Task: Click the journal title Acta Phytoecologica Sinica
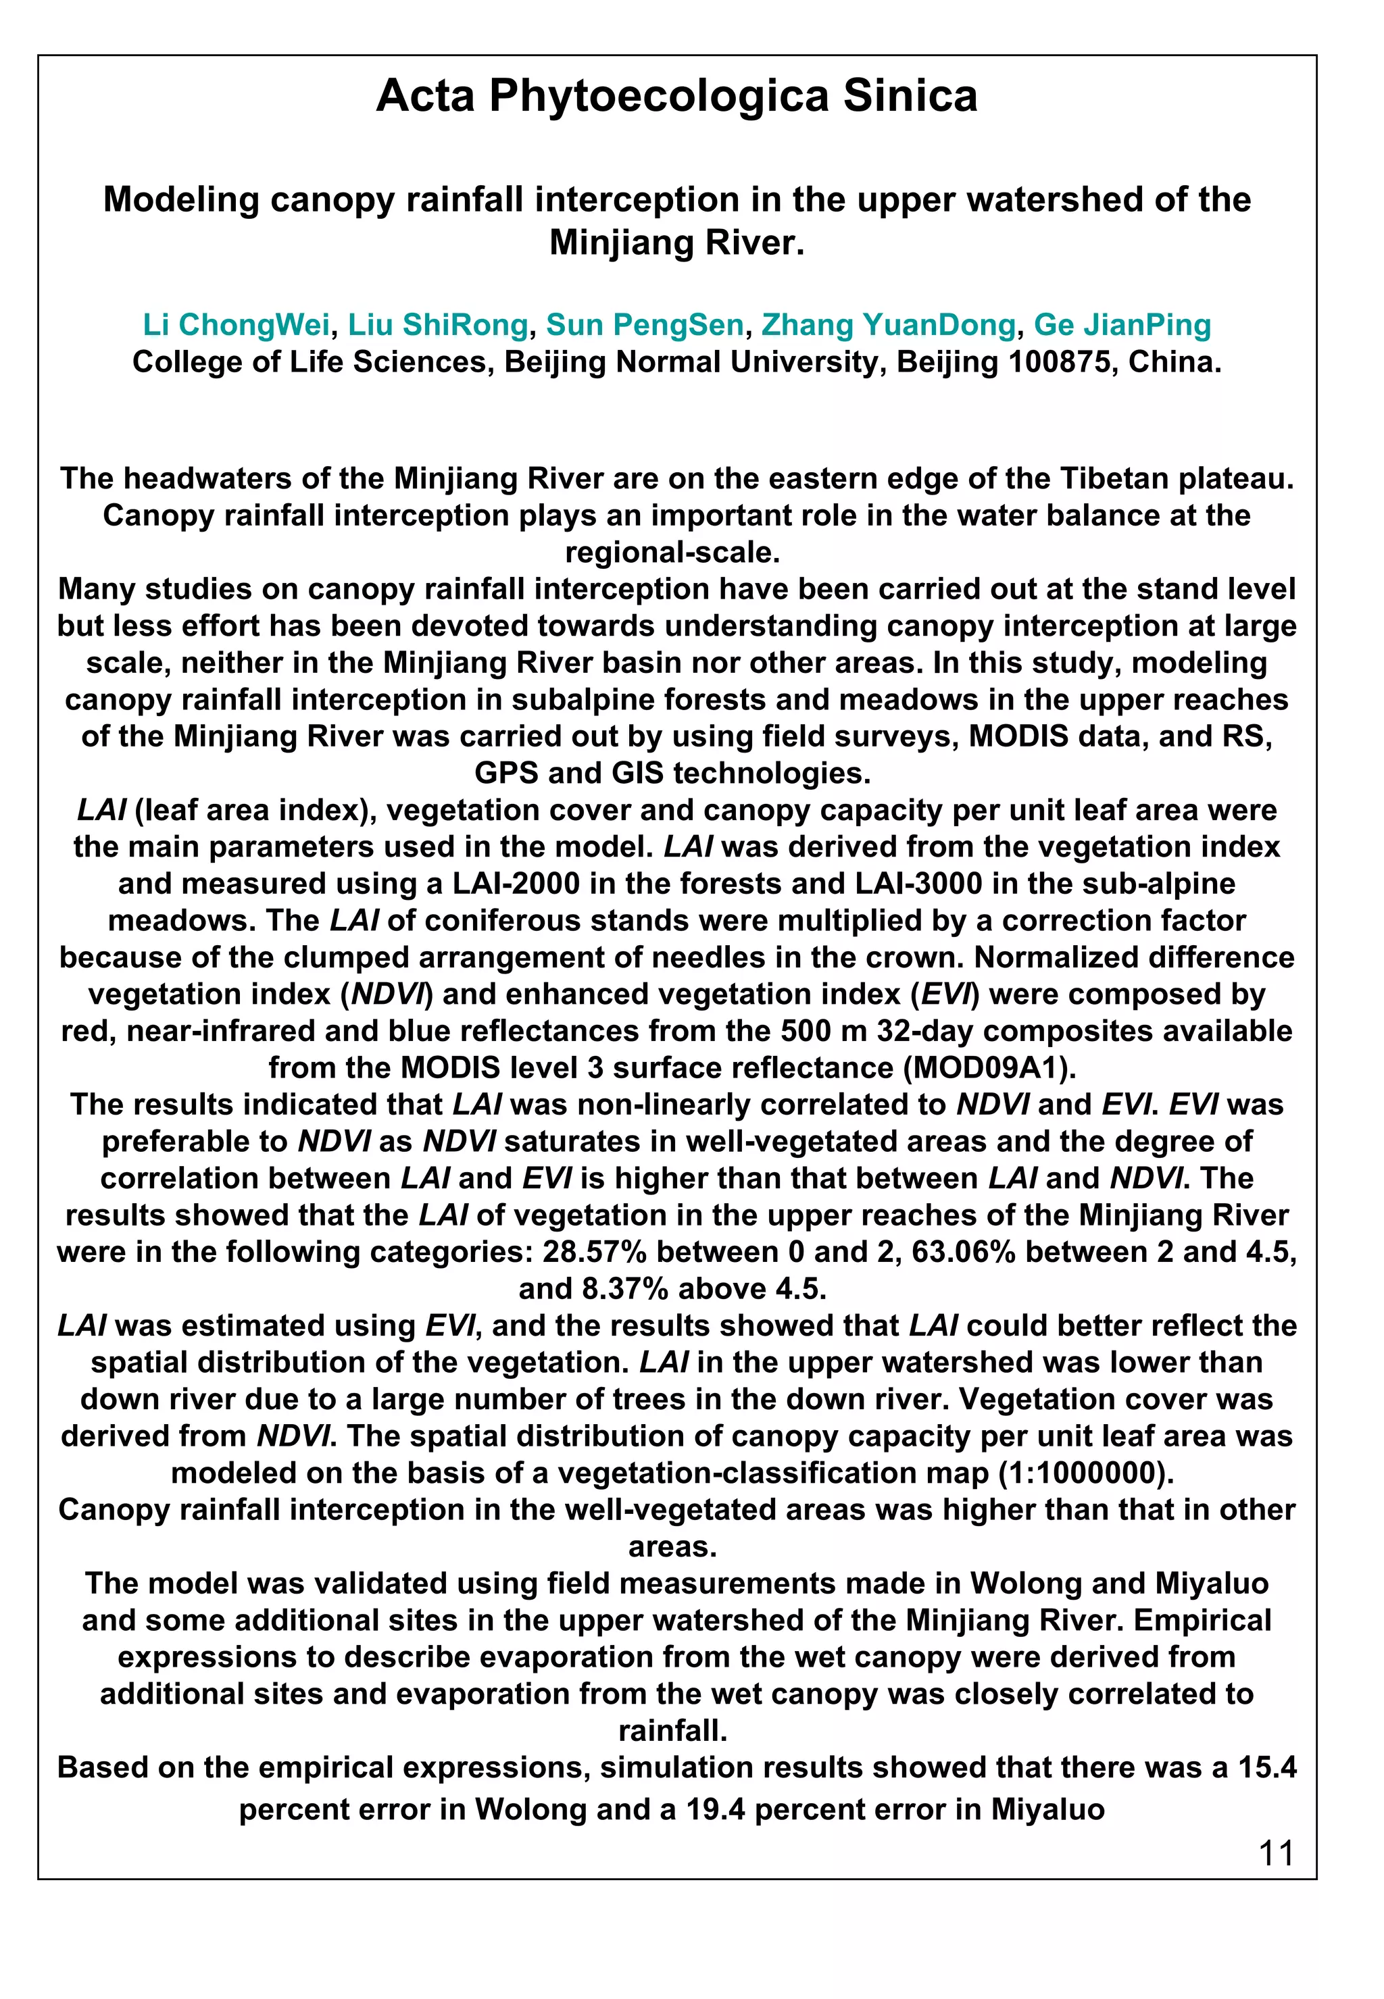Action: (x=676, y=96)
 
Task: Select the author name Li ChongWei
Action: (x=236, y=325)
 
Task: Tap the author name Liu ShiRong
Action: (x=438, y=325)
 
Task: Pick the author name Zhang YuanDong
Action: (x=888, y=325)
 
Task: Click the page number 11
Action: (x=1276, y=1853)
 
